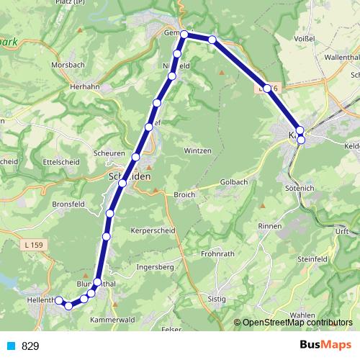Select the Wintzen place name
[x=197, y=150]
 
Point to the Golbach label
[x=233, y=183]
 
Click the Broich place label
[x=184, y=194]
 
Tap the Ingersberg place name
[x=156, y=267]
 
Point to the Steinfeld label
[x=312, y=260]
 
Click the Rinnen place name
[x=270, y=226]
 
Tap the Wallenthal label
[x=328, y=56]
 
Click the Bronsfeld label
[x=69, y=204]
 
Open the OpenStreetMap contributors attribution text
[x=297, y=323]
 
